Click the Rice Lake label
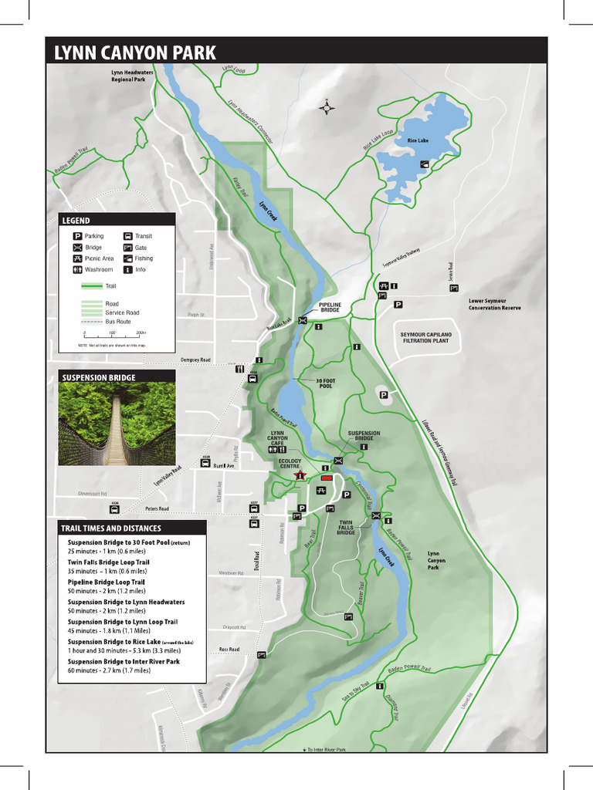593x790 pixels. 418,140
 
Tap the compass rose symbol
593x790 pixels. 327,108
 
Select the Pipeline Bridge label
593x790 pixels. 330,307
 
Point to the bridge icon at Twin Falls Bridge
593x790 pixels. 376,516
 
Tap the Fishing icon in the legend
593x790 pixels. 128,258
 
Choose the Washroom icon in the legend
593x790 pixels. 77,270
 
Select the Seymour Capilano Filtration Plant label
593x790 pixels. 425,337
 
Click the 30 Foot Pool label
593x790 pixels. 325,383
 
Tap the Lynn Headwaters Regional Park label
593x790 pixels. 133,76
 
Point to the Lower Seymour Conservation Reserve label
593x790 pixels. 494,304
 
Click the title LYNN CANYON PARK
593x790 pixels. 135,53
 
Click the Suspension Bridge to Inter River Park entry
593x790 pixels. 124,662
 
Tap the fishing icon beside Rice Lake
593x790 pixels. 425,164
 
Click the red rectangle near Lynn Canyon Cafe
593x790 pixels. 326,478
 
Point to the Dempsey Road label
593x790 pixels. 195,360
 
